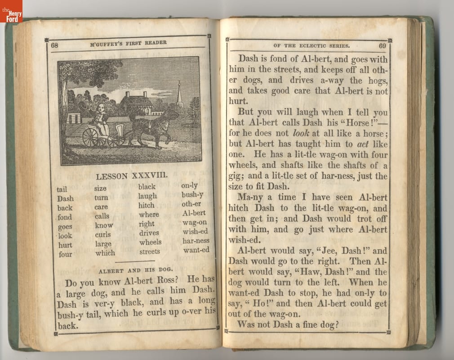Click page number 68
55,45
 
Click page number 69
382,45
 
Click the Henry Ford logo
11,11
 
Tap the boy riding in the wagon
101,118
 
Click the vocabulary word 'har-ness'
196,240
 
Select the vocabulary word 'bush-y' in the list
192,195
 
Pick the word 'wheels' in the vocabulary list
150,242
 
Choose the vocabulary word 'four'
65,254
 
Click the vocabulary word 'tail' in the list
62,189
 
